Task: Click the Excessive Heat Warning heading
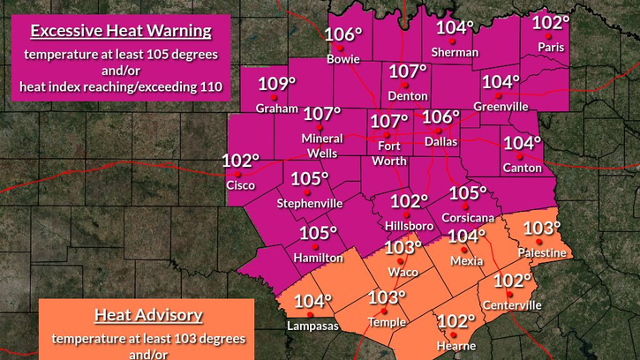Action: click(121, 33)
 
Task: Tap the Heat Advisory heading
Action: click(148, 315)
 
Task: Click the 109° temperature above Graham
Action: click(274, 86)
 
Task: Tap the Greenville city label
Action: click(501, 107)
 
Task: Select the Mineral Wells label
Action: click(322, 146)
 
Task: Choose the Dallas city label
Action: click(440, 140)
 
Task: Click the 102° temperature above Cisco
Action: click(239, 161)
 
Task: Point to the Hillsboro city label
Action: click(409, 226)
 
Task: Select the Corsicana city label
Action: click(468, 217)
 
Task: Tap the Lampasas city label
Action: click(312, 326)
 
